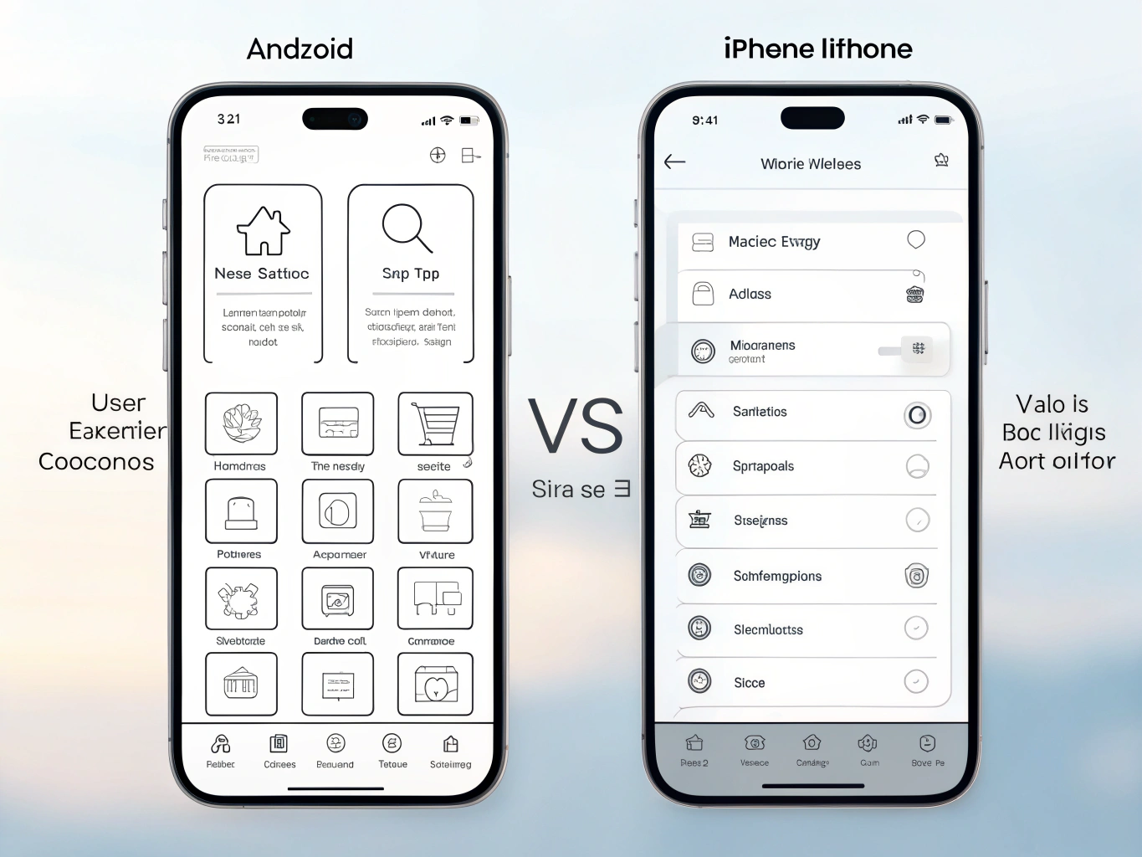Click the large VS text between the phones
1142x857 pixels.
(x=576, y=426)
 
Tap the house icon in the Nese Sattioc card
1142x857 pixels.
(x=264, y=231)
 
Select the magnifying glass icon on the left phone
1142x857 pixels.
(x=407, y=228)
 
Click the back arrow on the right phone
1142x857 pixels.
(x=675, y=162)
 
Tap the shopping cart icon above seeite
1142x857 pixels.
(x=436, y=424)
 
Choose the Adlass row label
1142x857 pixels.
(x=750, y=294)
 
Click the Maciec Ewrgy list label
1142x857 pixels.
(x=774, y=242)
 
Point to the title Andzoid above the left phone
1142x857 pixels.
(x=300, y=49)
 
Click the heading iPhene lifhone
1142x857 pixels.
(x=817, y=49)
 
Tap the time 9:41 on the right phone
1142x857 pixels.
(x=705, y=121)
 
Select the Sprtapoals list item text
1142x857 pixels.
(x=763, y=466)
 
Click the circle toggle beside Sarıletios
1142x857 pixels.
(x=917, y=415)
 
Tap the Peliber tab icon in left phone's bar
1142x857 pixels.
(x=221, y=743)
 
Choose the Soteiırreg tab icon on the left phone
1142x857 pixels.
(x=451, y=743)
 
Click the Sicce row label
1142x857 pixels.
(x=749, y=683)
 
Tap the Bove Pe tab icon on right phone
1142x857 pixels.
(x=927, y=743)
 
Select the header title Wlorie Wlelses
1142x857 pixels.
(x=811, y=164)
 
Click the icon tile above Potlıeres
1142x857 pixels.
(x=241, y=511)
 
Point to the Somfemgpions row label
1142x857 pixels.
(x=777, y=576)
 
